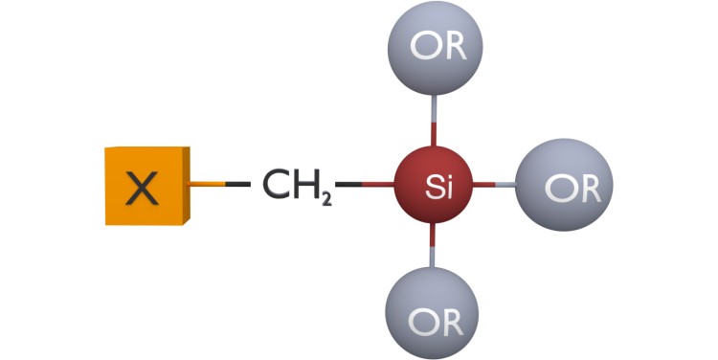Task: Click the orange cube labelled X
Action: tap(146, 186)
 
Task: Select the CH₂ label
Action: tap(296, 186)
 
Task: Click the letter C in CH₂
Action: tap(277, 185)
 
